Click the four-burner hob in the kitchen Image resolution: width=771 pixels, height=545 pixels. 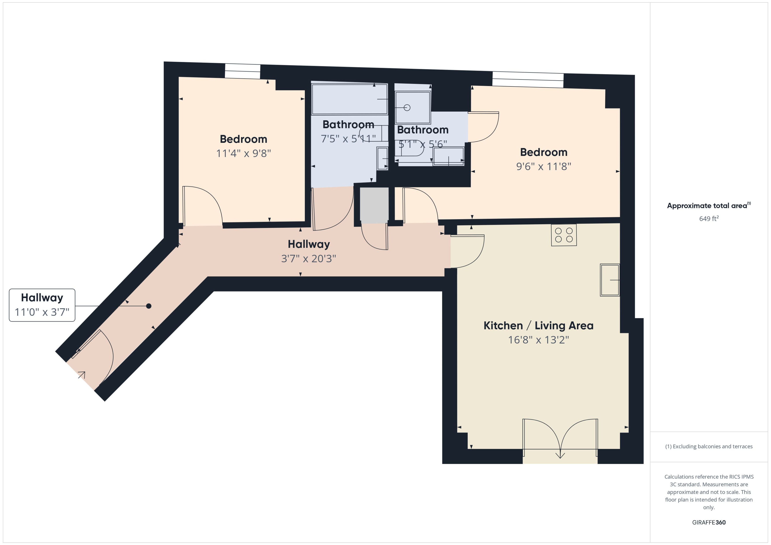563,235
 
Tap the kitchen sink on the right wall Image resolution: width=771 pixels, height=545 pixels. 609,280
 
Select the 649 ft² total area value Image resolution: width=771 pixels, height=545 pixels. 708,218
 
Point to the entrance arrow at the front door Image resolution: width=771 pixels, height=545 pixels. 82,374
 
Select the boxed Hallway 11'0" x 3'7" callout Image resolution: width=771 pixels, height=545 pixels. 42,305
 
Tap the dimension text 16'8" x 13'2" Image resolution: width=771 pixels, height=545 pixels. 538,340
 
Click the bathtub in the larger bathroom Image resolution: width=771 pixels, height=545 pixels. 349,99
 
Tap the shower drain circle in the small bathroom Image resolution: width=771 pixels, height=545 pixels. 407,108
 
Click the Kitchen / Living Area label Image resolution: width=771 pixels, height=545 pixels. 538,325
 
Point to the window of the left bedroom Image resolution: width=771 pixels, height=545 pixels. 242,71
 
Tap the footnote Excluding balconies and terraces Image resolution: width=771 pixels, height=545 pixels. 708,446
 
